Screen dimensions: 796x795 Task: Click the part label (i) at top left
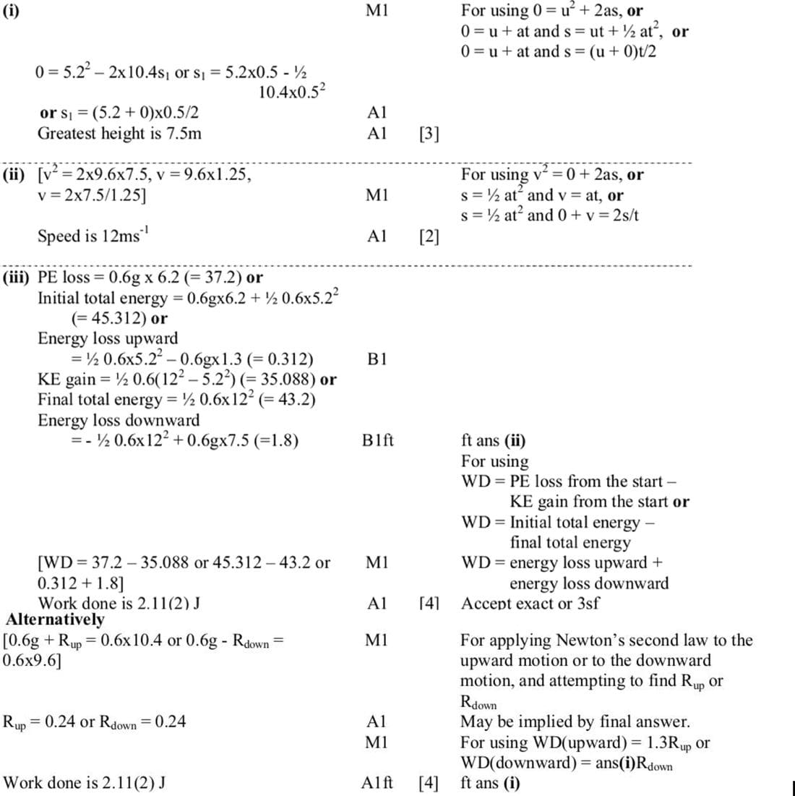(x=12, y=11)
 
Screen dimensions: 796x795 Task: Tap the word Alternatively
(x=55, y=620)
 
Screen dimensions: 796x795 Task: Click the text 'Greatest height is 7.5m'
(x=119, y=133)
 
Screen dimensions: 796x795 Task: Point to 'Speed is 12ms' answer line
(x=93, y=236)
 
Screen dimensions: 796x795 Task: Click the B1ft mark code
(x=378, y=440)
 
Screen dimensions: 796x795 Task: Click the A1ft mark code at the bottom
(x=377, y=782)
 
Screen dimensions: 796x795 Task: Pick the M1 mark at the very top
(x=377, y=11)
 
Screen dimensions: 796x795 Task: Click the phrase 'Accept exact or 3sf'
(x=530, y=603)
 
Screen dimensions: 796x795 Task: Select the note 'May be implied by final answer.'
(x=575, y=722)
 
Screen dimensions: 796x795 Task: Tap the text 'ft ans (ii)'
(x=493, y=440)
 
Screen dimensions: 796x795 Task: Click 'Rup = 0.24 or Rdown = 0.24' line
(x=94, y=722)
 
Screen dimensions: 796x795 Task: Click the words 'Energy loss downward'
(x=119, y=420)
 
